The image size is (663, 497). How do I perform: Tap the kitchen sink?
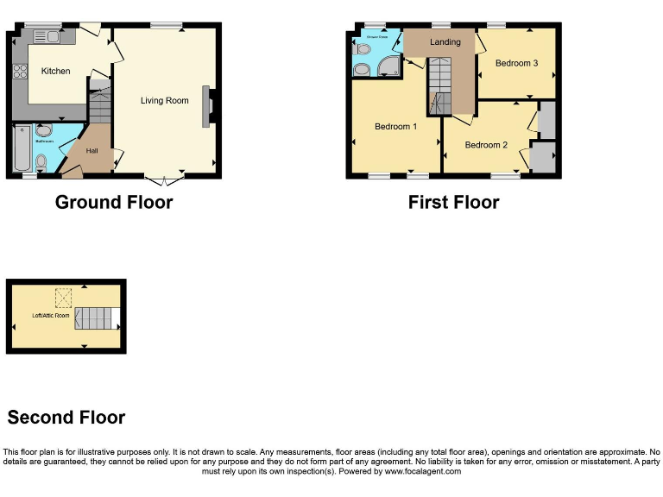click(x=47, y=36)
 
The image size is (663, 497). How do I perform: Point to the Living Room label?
click(x=165, y=101)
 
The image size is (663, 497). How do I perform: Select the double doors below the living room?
click(x=163, y=180)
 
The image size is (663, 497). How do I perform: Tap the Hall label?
click(x=92, y=151)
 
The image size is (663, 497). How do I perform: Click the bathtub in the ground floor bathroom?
click(x=22, y=148)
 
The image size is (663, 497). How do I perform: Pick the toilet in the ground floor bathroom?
click(x=41, y=160)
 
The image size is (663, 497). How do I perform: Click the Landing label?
click(x=445, y=41)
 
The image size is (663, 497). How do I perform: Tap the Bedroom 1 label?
click(x=395, y=127)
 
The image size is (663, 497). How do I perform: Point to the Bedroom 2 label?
click(x=486, y=145)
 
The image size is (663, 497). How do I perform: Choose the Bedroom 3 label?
click(x=516, y=63)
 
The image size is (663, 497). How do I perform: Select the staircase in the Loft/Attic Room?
click(x=96, y=318)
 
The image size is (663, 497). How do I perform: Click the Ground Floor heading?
click(x=114, y=203)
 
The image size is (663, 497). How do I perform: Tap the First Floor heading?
click(x=453, y=203)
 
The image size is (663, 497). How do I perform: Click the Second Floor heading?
click(x=66, y=418)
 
